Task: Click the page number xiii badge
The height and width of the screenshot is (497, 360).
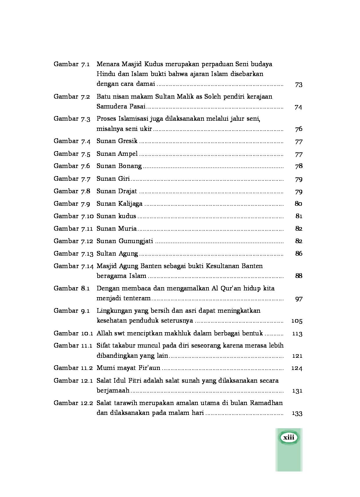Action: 289,438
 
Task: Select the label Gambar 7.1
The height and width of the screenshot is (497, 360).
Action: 72,64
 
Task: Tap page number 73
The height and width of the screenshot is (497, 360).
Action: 298,84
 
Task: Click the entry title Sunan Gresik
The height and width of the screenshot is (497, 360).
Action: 117,141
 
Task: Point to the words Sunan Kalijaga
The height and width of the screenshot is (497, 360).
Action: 120,204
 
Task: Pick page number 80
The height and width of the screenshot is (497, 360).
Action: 298,204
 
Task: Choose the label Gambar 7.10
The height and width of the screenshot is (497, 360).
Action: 73,216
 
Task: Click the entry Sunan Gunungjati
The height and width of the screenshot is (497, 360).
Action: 125,241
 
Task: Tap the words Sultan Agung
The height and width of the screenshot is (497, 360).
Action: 117,254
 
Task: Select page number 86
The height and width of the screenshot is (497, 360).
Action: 298,254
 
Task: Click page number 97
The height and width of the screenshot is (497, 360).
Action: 298,299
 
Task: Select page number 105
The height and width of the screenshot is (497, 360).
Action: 297,321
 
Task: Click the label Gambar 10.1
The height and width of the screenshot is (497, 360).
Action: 73,333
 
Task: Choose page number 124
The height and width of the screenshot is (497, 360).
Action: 297,368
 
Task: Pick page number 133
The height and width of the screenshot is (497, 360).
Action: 297,413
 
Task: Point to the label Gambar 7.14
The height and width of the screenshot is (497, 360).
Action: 73,266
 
